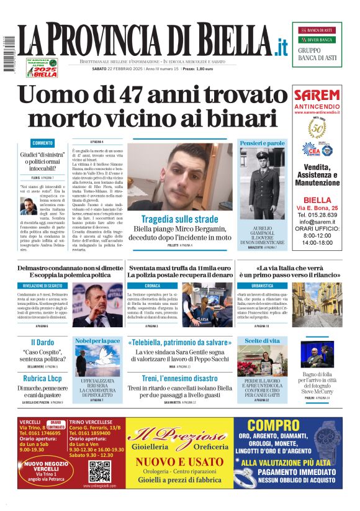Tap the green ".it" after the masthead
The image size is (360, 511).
(281, 46)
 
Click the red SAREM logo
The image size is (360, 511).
(317, 96)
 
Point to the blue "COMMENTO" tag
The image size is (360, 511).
(42, 143)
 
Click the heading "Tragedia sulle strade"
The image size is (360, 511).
(179, 219)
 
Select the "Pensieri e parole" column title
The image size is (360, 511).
(263, 143)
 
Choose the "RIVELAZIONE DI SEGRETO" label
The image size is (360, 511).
(42, 286)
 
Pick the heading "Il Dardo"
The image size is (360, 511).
(42, 342)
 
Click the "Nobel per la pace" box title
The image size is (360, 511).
(97, 341)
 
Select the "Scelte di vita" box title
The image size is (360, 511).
(262, 341)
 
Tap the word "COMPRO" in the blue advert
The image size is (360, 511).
(273, 426)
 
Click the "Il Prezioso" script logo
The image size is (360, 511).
(179, 436)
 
